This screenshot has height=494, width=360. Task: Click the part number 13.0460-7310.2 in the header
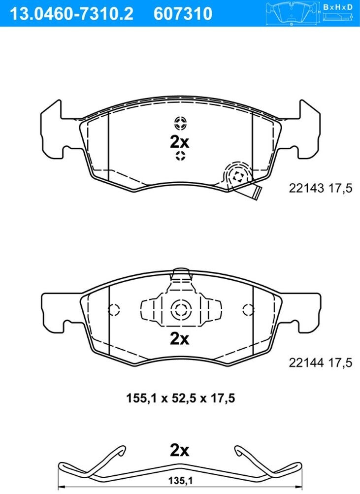click(72, 14)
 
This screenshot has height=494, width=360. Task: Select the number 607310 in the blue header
click(183, 14)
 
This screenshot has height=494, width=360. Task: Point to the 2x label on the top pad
click(180, 142)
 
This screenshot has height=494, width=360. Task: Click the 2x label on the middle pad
click(180, 339)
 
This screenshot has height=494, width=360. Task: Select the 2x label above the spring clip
click(180, 451)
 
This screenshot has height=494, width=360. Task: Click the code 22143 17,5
click(320, 189)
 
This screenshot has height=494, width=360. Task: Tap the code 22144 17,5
click(320, 363)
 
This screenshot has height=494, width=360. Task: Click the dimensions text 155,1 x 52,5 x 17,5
click(180, 398)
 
